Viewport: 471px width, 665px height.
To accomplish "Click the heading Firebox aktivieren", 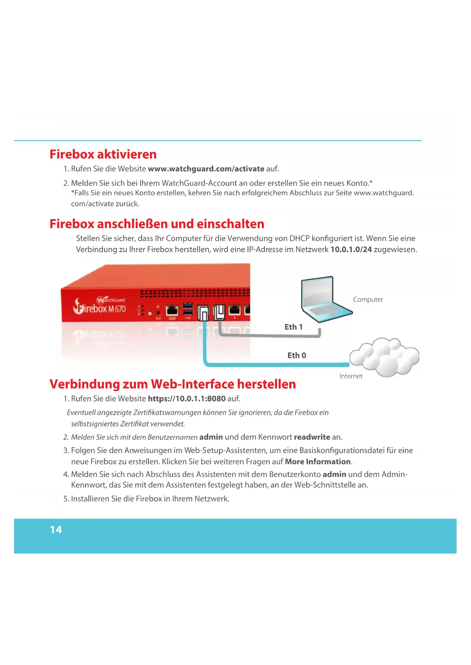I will (103, 154).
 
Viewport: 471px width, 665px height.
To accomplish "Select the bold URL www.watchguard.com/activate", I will (206, 169).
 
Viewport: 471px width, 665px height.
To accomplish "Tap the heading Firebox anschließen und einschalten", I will (157, 224).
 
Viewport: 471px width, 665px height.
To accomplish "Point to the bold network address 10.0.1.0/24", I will (351, 249).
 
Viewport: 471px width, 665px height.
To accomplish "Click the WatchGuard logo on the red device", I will (110, 300).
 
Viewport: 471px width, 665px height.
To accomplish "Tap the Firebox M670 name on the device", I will (99, 308).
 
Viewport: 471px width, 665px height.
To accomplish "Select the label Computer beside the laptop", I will (368, 300).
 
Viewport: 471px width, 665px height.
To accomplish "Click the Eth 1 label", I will (293, 327).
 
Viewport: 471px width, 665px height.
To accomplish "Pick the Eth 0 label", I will (296, 355).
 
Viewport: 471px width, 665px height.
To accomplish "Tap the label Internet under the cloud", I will (351, 376).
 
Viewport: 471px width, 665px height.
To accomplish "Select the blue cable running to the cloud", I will (277, 365).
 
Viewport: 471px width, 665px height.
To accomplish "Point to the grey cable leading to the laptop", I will (269, 335).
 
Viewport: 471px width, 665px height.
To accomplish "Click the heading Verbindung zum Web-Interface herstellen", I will (173, 384).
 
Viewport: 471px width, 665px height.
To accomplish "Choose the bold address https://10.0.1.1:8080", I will (187, 399).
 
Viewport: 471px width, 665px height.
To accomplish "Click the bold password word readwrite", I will (312, 437).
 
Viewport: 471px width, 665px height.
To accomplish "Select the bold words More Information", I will (318, 462).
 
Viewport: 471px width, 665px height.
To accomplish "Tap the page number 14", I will (56, 530).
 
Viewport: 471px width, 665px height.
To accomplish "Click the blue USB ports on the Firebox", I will (188, 309).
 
